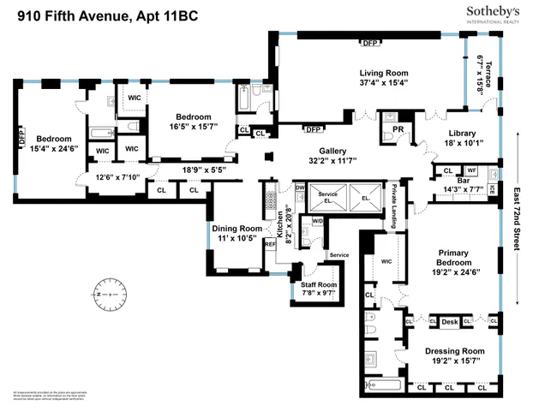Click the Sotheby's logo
tap(493, 12)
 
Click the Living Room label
tap(383, 73)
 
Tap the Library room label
tap(462, 133)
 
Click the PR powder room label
tap(397, 129)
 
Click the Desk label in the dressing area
tap(450, 322)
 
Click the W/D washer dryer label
tap(317, 222)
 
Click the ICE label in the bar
tap(492, 188)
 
